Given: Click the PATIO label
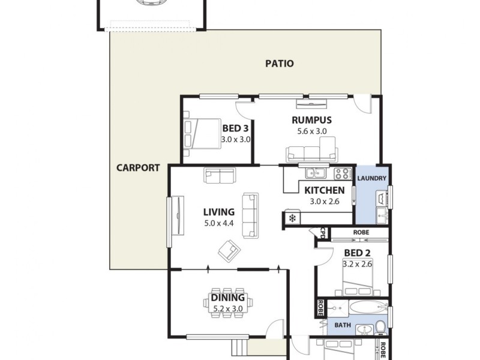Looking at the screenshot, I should point(280,63).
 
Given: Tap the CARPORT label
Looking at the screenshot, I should point(138,168).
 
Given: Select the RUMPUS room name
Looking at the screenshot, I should point(311,119).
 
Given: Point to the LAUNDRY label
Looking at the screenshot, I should point(371,179).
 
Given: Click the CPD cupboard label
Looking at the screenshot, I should point(322,232).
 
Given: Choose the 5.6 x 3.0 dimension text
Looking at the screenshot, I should point(311,130).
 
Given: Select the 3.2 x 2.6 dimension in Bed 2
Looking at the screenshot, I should point(357,263).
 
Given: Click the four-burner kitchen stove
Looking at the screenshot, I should point(343,174).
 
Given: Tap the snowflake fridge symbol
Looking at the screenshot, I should point(293,218).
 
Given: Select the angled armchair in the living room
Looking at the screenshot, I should point(228,248).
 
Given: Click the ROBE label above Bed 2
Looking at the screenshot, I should point(361,232).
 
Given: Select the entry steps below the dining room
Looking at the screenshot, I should point(238,347).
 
